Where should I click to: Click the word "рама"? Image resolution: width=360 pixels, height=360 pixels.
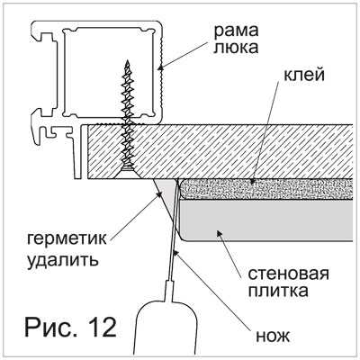tap(236, 31)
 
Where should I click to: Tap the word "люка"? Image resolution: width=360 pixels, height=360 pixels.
tap(236, 48)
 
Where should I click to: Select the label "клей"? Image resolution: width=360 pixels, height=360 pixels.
tap(304, 76)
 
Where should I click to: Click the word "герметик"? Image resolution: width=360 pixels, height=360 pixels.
tap(67, 239)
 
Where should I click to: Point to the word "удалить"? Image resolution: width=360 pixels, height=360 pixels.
tap(63, 260)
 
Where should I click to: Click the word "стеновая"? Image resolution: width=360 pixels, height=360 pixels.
tap(288, 274)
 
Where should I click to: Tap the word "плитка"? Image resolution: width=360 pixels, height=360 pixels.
tap(278, 291)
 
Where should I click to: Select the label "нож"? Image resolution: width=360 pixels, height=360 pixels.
tap(273, 337)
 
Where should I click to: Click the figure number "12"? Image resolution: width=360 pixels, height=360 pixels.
tap(101, 327)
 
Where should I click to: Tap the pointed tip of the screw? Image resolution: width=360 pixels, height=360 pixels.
tap(128, 61)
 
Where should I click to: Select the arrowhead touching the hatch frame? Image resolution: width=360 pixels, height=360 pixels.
tap(161, 67)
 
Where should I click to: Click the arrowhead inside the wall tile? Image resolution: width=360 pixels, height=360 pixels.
tap(220, 233)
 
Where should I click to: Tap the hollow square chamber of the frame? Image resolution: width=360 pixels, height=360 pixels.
tap(110, 72)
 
